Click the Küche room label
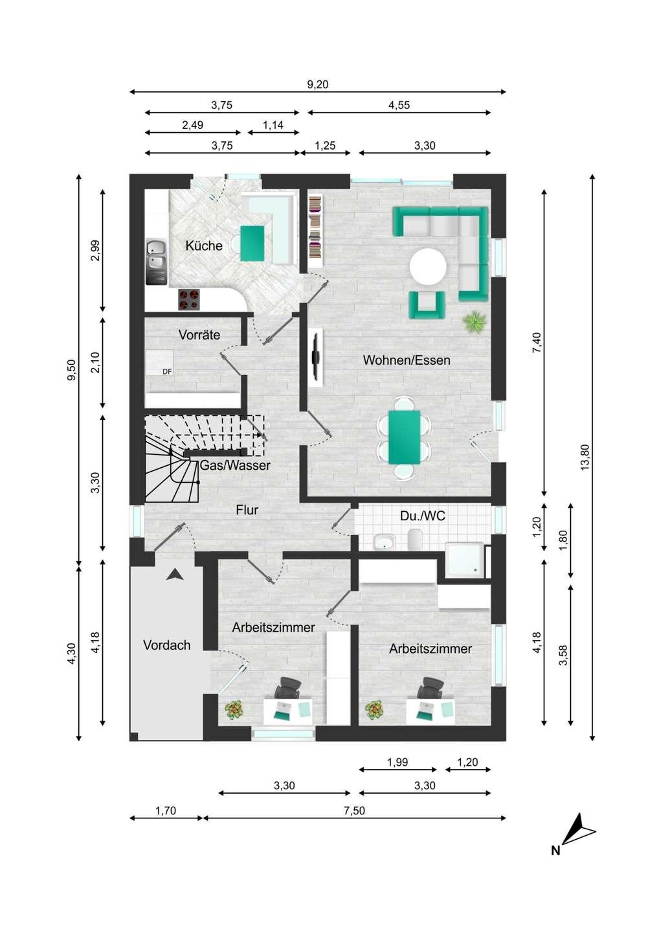click(204, 246)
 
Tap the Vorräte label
click(199, 334)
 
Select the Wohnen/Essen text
click(407, 360)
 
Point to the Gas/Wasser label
click(235, 465)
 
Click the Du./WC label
click(423, 516)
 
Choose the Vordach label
click(167, 645)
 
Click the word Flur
click(247, 510)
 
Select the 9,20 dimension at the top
click(318, 84)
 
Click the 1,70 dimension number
click(166, 811)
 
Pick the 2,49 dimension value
click(193, 125)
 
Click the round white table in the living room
click(428, 266)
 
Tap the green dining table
click(405, 437)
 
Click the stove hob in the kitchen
click(189, 299)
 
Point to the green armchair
click(427, 305)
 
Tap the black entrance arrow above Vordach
click(175, 575)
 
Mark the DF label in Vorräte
click(167, 372)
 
